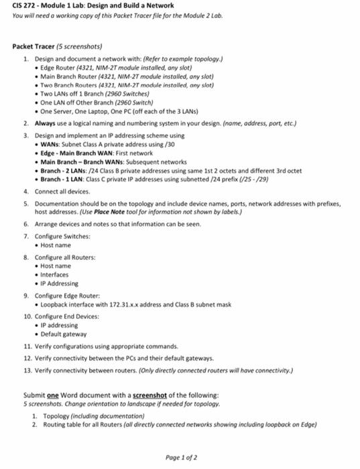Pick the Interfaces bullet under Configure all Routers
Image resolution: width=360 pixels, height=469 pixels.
(55, 275)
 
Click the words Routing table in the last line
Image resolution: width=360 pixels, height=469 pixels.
(60, 424)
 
